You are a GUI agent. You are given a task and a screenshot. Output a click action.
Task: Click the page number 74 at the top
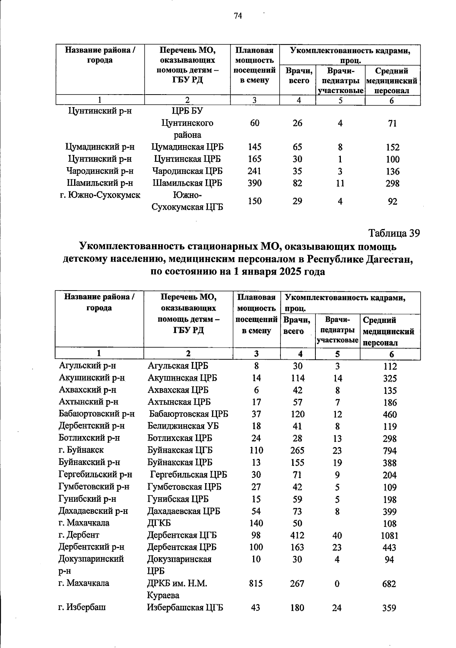(238, 16)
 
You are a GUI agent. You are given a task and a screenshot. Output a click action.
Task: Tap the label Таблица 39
(394, 233)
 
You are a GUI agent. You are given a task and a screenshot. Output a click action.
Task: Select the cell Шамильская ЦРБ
(187, 183)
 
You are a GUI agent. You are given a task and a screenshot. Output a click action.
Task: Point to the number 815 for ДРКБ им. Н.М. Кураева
(256, 583)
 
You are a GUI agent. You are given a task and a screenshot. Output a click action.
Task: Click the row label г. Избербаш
(82, 607)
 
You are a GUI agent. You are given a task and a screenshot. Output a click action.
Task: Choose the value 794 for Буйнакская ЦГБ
(389, 451)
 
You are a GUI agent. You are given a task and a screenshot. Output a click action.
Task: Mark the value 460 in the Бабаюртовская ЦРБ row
(389, 414)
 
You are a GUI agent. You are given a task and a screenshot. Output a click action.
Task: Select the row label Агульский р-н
(87, 366)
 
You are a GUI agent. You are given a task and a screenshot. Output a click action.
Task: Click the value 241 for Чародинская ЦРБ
(254, 171)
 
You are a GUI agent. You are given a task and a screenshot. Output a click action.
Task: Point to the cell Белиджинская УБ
(183, 426)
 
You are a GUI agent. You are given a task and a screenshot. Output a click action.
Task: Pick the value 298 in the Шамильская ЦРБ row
(392, 183)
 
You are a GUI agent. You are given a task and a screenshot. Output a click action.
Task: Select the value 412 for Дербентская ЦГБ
(297, 535)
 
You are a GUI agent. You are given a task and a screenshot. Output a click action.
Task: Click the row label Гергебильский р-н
(95, 474)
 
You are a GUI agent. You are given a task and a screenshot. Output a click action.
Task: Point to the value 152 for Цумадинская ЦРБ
(392, 147)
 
